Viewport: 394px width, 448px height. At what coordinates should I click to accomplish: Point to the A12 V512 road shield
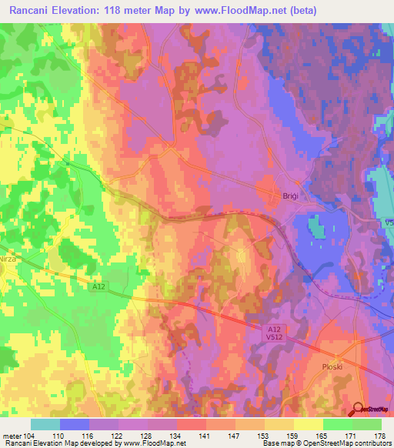coord(265,332)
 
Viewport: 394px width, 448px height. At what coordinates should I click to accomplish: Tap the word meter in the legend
coord(12,436)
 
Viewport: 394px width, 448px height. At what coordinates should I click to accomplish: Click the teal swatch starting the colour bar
coord(45,424)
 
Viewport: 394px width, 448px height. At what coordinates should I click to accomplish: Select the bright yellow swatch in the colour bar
coord(309,424)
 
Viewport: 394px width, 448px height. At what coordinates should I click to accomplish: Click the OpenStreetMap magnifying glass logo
coord(359,410)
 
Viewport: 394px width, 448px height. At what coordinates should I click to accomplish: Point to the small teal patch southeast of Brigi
coord(316,226)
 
